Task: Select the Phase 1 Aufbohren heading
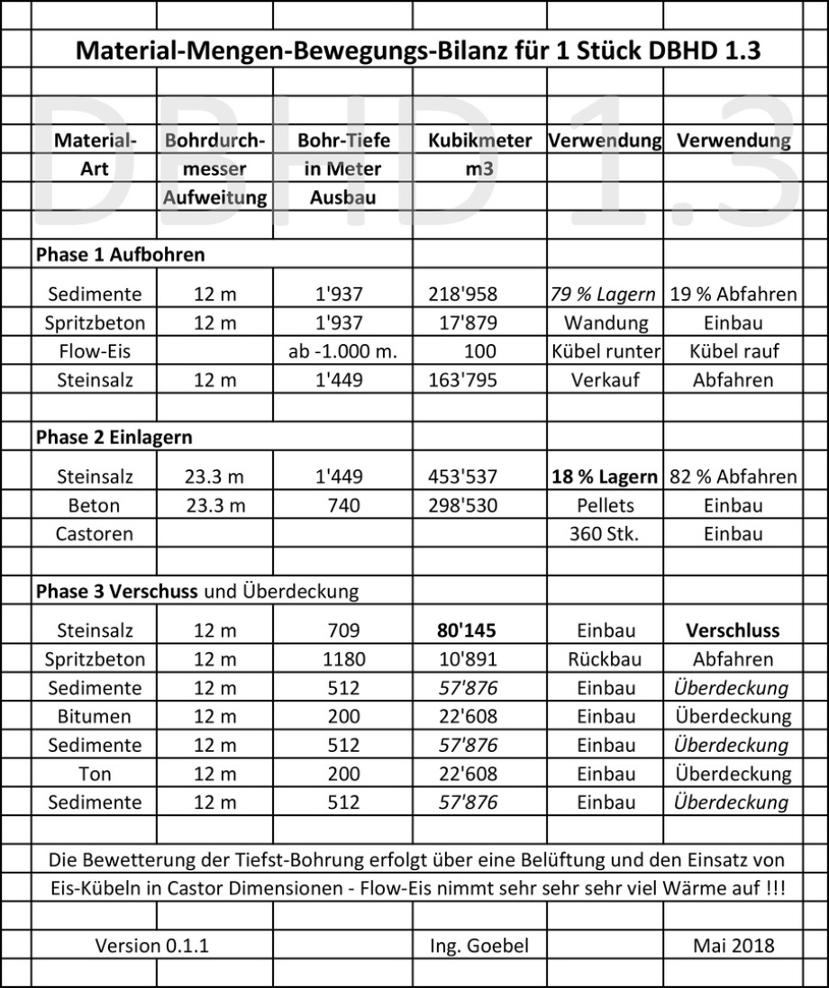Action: point(120,255)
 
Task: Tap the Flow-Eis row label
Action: point(94,351)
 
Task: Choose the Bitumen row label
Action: point(94,717)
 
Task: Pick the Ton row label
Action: point(94,774)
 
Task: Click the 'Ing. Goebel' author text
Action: point(480,946)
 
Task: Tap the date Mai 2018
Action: point(733,946)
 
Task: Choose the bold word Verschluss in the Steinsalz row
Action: point(733,630)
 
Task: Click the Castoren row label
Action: point(94,533)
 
